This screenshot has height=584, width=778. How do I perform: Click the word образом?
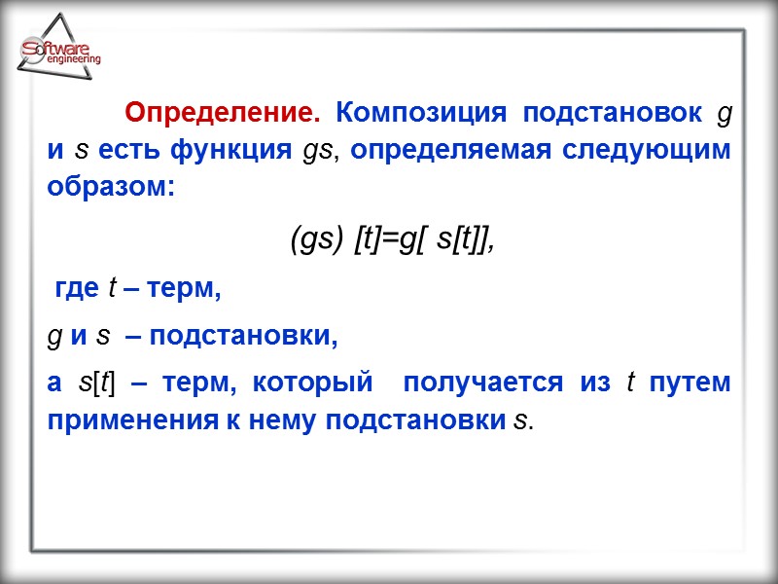pyautogui.click(x=111, y=188)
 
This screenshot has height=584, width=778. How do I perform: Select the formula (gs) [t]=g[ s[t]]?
pyautogui.click(x=392, y=238)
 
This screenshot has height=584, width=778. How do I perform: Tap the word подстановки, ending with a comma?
pyautogui.click(x=243, y=337)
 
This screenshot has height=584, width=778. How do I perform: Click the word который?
pyautogui.click(x=312, y=383)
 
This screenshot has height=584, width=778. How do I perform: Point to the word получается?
pyautogui.click(x=477, y=383)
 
